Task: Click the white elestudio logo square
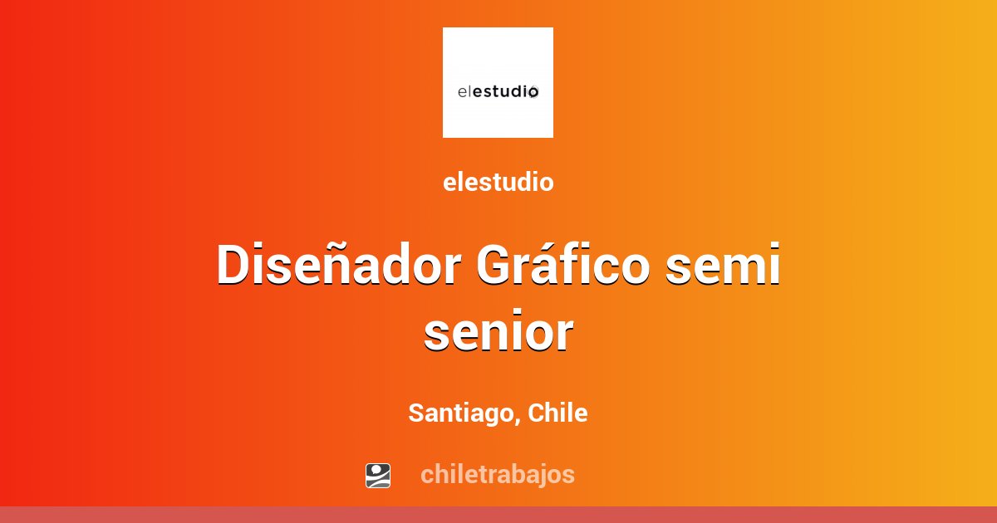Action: tap(498, 82)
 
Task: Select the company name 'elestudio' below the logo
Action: tap(498, 183)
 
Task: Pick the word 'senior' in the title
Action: tap(498, 333)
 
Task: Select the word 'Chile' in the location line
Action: tap(557, 413)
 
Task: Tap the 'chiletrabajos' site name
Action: tap(498, 474)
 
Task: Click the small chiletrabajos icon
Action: tap(378, 475)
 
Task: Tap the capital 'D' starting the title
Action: tap(233, 266)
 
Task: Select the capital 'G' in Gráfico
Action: tap(496, 266)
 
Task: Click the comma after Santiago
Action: tap(518, 420)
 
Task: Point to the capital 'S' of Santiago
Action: tap(415, 413)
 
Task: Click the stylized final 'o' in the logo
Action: tap(533, 91)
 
